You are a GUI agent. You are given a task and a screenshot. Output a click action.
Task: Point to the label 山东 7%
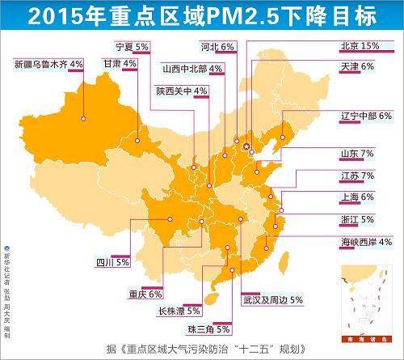[x=358, y=153]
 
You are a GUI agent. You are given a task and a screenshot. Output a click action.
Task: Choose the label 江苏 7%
[x=358, y=175]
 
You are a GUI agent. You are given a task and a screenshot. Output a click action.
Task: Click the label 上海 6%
[x=358, y=197]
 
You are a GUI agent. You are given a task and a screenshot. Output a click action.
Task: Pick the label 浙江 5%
[x=358, y=219]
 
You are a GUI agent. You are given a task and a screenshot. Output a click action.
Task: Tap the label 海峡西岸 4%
[x=365, y=241]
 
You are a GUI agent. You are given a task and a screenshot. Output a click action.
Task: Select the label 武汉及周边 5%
[x=272, y=299]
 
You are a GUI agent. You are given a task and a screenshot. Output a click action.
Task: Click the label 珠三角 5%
[x=209, y=329]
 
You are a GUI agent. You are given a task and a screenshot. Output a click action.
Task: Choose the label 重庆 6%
[x=145, y=293]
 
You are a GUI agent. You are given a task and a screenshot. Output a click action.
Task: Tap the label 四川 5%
[x=112, y=262]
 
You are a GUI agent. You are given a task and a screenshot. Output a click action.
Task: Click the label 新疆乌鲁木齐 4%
[x=49, y=62]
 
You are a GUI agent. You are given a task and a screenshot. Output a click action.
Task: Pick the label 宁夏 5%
[x=133, y=46]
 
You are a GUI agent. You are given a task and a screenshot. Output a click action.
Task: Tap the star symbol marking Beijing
[x=246, y=146]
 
